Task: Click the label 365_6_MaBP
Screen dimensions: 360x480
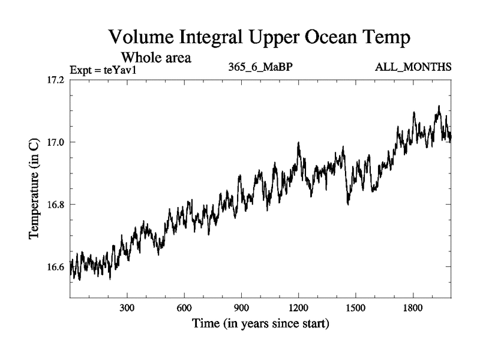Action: coord(260,67)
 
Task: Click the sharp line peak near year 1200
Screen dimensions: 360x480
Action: coord(298,143)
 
